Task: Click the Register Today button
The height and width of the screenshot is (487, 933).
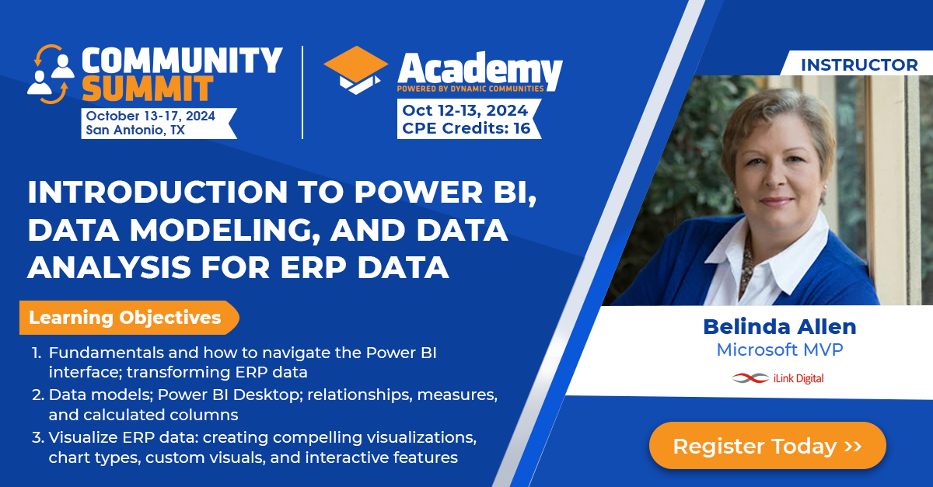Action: (767, 446)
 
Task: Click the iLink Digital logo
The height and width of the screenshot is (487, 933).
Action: (778, 378)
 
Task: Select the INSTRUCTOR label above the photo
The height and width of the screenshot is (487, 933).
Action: (859, 65)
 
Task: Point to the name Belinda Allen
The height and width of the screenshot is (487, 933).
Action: (779, 326)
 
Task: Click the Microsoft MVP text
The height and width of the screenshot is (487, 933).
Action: (779, 350)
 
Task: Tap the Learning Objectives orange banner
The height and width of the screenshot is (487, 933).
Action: (127, 318)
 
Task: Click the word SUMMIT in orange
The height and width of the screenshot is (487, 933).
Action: (147, 89)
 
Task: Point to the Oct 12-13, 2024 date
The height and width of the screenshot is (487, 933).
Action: (465, 110)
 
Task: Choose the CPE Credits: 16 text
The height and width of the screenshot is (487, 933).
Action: (466, 128)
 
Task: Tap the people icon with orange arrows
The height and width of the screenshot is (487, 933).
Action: (50, 74)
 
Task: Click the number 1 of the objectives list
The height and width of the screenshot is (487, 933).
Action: (36, 353)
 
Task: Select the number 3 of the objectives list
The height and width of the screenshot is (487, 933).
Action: (37, 437)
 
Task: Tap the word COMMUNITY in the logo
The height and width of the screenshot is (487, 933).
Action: (182, 60)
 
